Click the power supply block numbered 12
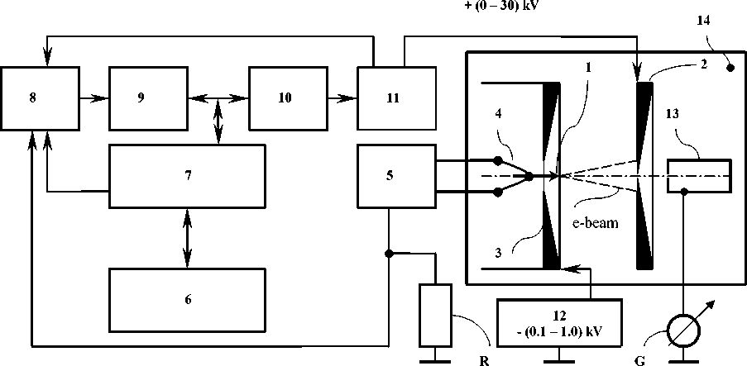coord(560,322)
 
